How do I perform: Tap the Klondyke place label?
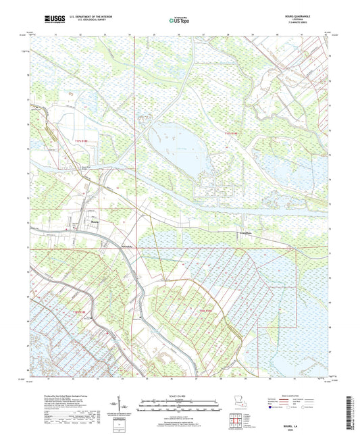(126, 247)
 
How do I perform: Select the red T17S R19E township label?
(232, 136)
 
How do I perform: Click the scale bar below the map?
(179, 407)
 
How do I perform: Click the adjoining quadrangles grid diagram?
(238, 422)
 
